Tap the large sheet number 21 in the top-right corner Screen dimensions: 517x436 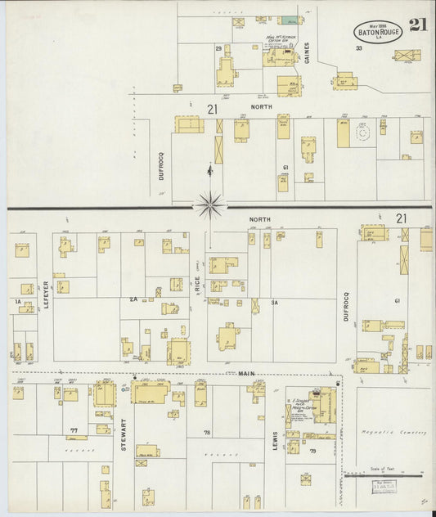tap(418, 25)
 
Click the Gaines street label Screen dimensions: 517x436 tap(308, 53)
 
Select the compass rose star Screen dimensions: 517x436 tap(210, 205)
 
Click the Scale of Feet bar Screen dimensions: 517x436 tap(383, 474)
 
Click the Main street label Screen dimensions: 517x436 tap(247, 373)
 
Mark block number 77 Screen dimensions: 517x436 tap(74, 429)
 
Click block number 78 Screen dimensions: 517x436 tap(207, 432)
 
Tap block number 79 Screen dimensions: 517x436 tap(312, 451)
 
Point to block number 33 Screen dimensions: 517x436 tap(358, 48)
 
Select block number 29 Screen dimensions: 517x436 tap(218, 49)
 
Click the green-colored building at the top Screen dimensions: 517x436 tap(288, 20)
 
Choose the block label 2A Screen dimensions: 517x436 tap(133, 301)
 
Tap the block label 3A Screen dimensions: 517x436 tap(276, 303)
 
